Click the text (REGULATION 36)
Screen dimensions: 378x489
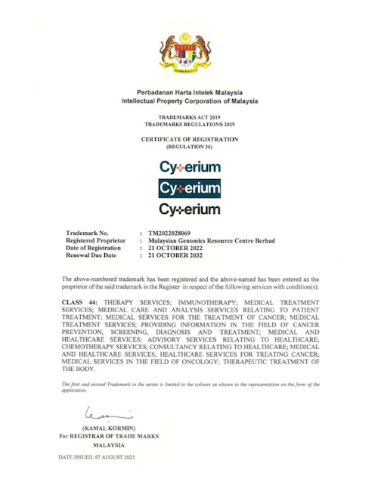tap(189, 147)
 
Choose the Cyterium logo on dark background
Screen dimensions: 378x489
tap(189, 187)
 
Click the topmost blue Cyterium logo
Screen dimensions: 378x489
tap(189, 166)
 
